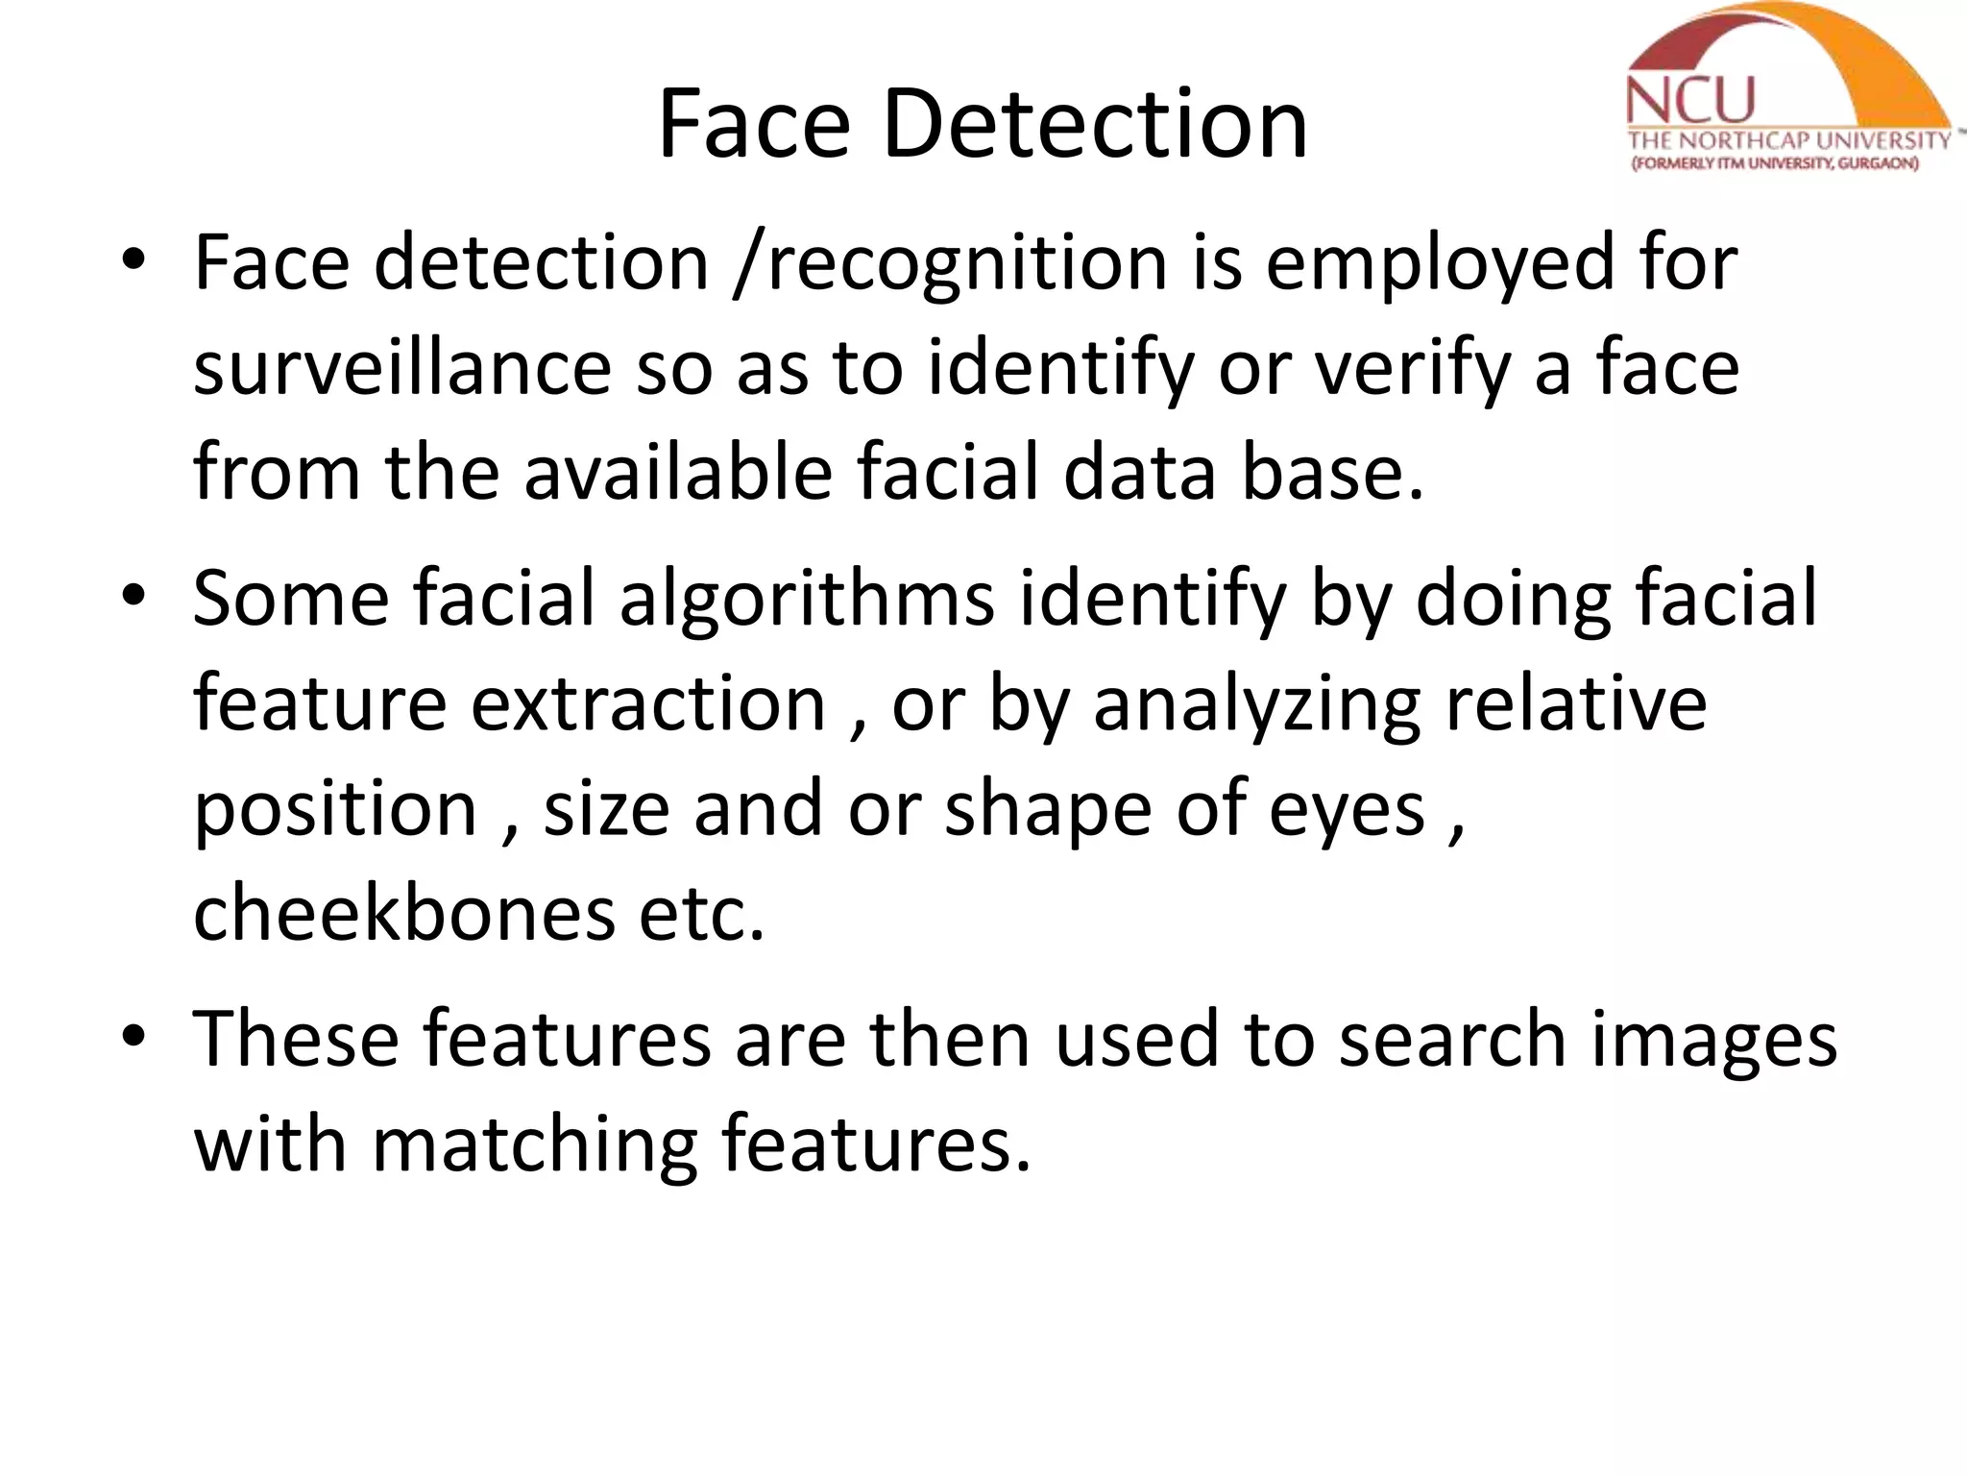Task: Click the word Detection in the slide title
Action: click(x=1095, y=125)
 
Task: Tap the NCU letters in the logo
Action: click(x=1691, y=102)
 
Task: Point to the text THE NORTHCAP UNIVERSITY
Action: click(x=1789, y=141)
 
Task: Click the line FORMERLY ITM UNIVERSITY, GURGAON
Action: click(x=1776, y=164)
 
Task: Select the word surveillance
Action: click(x=401, y=368)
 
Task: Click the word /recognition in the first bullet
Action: click(x=949, y=263)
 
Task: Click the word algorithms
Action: click(x=807, y=598)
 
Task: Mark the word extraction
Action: click(x=648, y=703)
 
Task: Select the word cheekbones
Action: click(x=403, y=913)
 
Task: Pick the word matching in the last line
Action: click(x=534, y=1144)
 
